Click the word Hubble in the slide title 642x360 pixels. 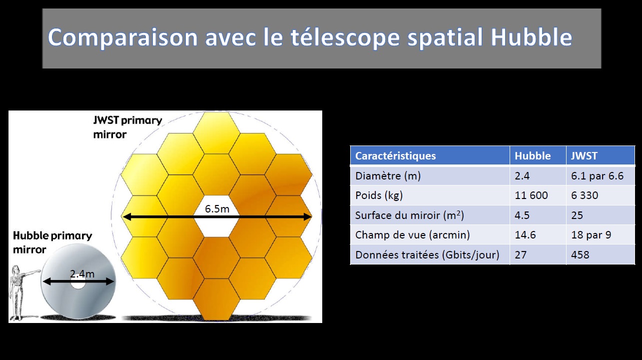[x=532, y=37]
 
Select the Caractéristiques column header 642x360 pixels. [x=395, y=156]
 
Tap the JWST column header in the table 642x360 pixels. [x=584, y=156]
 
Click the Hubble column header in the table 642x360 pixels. [x=533, y=156]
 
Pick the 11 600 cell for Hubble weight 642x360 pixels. [x=531, y=195]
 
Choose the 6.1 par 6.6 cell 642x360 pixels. [x=597, y=176]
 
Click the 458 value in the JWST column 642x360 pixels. [x=580, y=254]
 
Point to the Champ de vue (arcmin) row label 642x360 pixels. [x=412, y=235]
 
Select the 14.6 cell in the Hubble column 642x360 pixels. [x=525, y=235]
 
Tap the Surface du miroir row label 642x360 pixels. [x=409, y=215]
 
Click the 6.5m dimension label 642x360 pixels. [x=217, y=209]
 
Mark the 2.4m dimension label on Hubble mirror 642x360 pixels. [x=82, y=274]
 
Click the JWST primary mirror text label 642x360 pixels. [x=127, y=127]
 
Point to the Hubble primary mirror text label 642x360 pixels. [x=52, y=242]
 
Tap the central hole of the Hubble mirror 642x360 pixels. [x=78, y=282]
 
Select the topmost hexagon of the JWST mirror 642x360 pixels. [x=216, y=133]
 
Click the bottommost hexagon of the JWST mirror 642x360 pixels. [x=216, y=299]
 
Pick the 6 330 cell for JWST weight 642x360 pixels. [x=585, y=195]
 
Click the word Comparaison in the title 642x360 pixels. [x=123, y=37]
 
